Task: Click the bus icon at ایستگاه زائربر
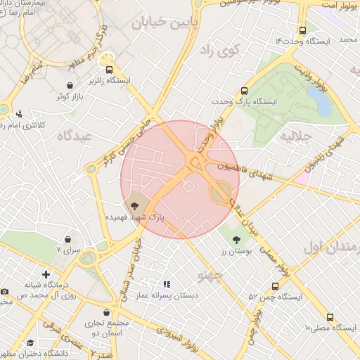click(109, 70)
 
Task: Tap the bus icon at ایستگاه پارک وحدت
click(244, 91)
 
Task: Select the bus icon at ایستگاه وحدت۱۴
click(302, 30)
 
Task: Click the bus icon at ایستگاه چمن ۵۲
click(274, 286)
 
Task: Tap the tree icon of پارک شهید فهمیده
click(134, 205)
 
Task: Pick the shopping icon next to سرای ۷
click(67, 239)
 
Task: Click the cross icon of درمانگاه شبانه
click(46, 274)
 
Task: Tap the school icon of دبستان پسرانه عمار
click(167, 285)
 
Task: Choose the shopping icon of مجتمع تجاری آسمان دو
click(108, 311)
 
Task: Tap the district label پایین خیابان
click(159, 22)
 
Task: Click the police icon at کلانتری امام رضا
click(19, 113)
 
